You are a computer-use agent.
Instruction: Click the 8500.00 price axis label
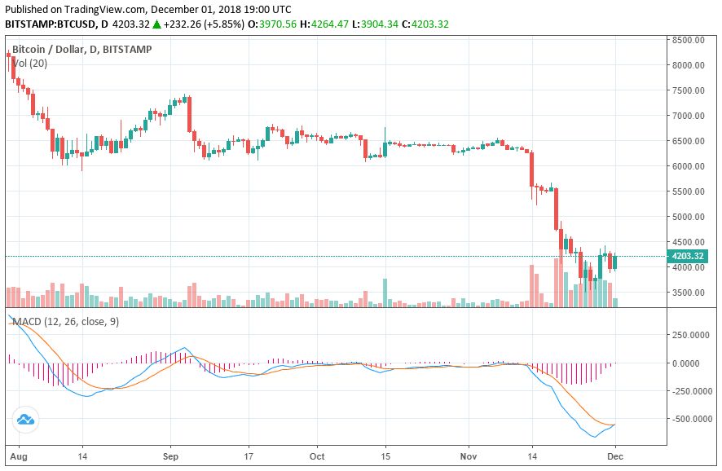click(688, 40)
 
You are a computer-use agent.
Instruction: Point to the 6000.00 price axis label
click(688, 166)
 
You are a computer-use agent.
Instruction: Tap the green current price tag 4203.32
click(688, 257)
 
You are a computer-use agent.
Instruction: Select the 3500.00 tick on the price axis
click(688, 293)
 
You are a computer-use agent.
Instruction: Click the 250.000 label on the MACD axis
click(688, 335)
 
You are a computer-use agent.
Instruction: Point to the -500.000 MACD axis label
click(686, 419)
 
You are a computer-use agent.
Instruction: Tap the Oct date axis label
click(318, 456)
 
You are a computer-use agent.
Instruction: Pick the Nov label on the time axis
click(467, 456)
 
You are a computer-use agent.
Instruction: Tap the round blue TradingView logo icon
click(24, 420)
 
